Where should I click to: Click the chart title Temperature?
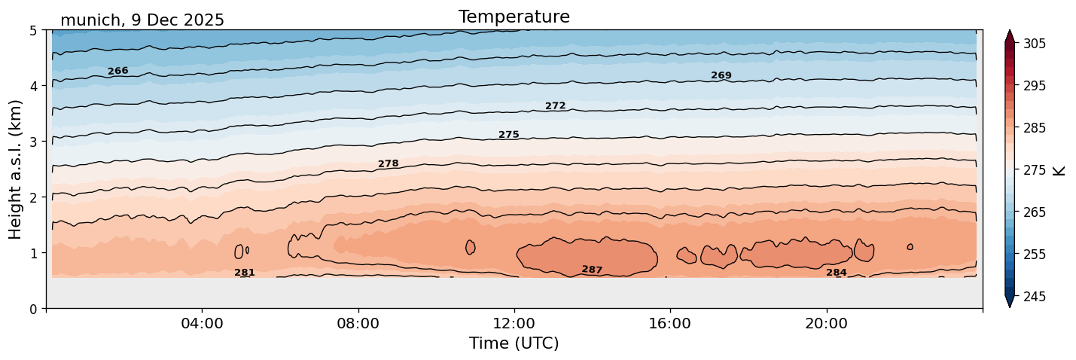[x=514, y=17]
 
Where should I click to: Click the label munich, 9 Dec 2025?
[x=142, y=20]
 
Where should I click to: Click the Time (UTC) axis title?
[x=514, y=343]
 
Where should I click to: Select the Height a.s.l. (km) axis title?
[x=16, y=169]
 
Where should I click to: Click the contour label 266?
[x=117, y=71]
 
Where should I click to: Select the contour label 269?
[x=721, y=75]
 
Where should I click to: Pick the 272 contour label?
[x=555, y=106]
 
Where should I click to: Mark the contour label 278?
[x=388, y=163]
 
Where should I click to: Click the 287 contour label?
[x=592, y=270]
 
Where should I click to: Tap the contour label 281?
[x=245, y=273]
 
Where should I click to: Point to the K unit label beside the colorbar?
[x=1059, y=170]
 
